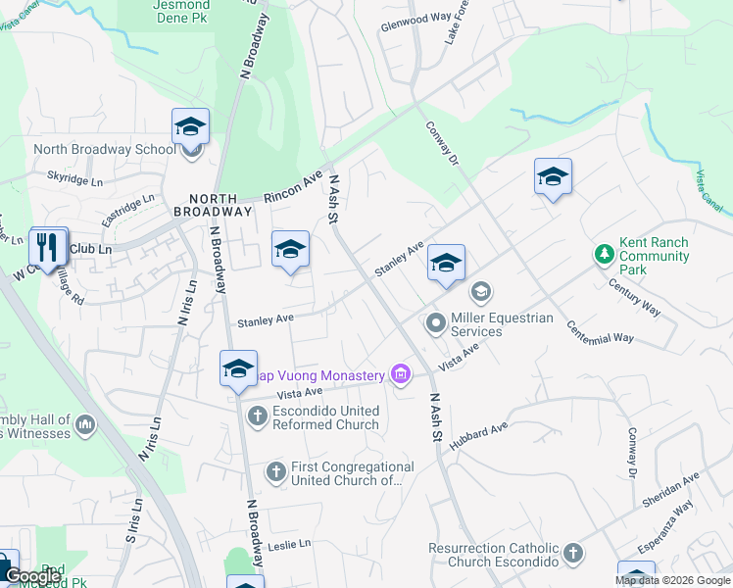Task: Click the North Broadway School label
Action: pos(104,150)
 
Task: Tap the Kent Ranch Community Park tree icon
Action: pos(605,255)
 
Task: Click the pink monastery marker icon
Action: pos(399,373)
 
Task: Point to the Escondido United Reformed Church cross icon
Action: pos(257,416)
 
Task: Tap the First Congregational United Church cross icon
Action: pos(276,472)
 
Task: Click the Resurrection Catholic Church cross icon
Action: pos(572,554)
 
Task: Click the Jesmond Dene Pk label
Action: pos(181,10)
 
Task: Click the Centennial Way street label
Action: pos(601,331)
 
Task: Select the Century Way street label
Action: pos(634,297)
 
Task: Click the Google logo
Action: pos(33,577)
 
